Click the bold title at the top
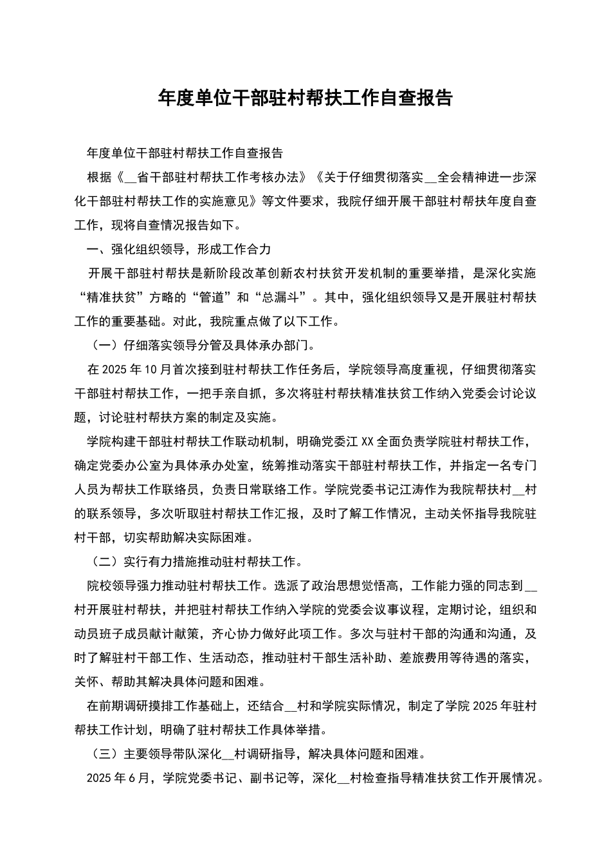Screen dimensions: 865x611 coord(305,98)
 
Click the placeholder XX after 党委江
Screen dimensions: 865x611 coord(368,442)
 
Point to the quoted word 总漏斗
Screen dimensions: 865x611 coord(284,297)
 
